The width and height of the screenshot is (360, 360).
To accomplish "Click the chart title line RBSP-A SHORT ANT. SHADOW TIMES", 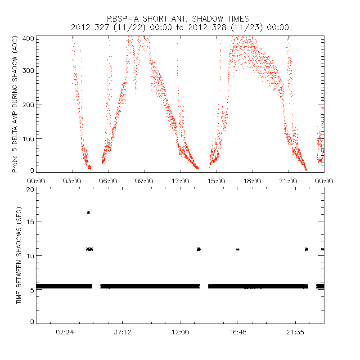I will click(x=180, y=18).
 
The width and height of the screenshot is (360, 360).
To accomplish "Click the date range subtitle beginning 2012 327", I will click(x=180, y=27).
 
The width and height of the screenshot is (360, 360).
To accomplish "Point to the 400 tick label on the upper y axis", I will click(x=29, y=38).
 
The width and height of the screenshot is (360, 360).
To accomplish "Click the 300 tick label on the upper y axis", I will click(x=29, y=71).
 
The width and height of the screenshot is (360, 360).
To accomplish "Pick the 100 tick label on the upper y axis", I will click(x=29, y=138).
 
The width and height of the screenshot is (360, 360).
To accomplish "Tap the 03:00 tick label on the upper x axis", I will click(x=72, y=180).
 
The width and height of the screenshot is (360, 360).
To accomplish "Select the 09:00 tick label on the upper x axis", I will click(x=144, y=180).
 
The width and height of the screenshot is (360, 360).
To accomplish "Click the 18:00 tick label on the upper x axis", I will click(x=252, y=180).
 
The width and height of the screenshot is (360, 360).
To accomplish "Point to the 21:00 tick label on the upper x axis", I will click(x=288, y=180).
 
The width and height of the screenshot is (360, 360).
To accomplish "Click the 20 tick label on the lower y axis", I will click(x=31, y=189).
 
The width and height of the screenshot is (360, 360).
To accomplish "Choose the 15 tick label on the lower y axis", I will click(x=31, y=221).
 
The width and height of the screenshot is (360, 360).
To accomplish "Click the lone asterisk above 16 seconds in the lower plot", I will click(x=88, y=212).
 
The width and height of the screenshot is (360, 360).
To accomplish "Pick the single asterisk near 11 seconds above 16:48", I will click(x=238, y=249).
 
